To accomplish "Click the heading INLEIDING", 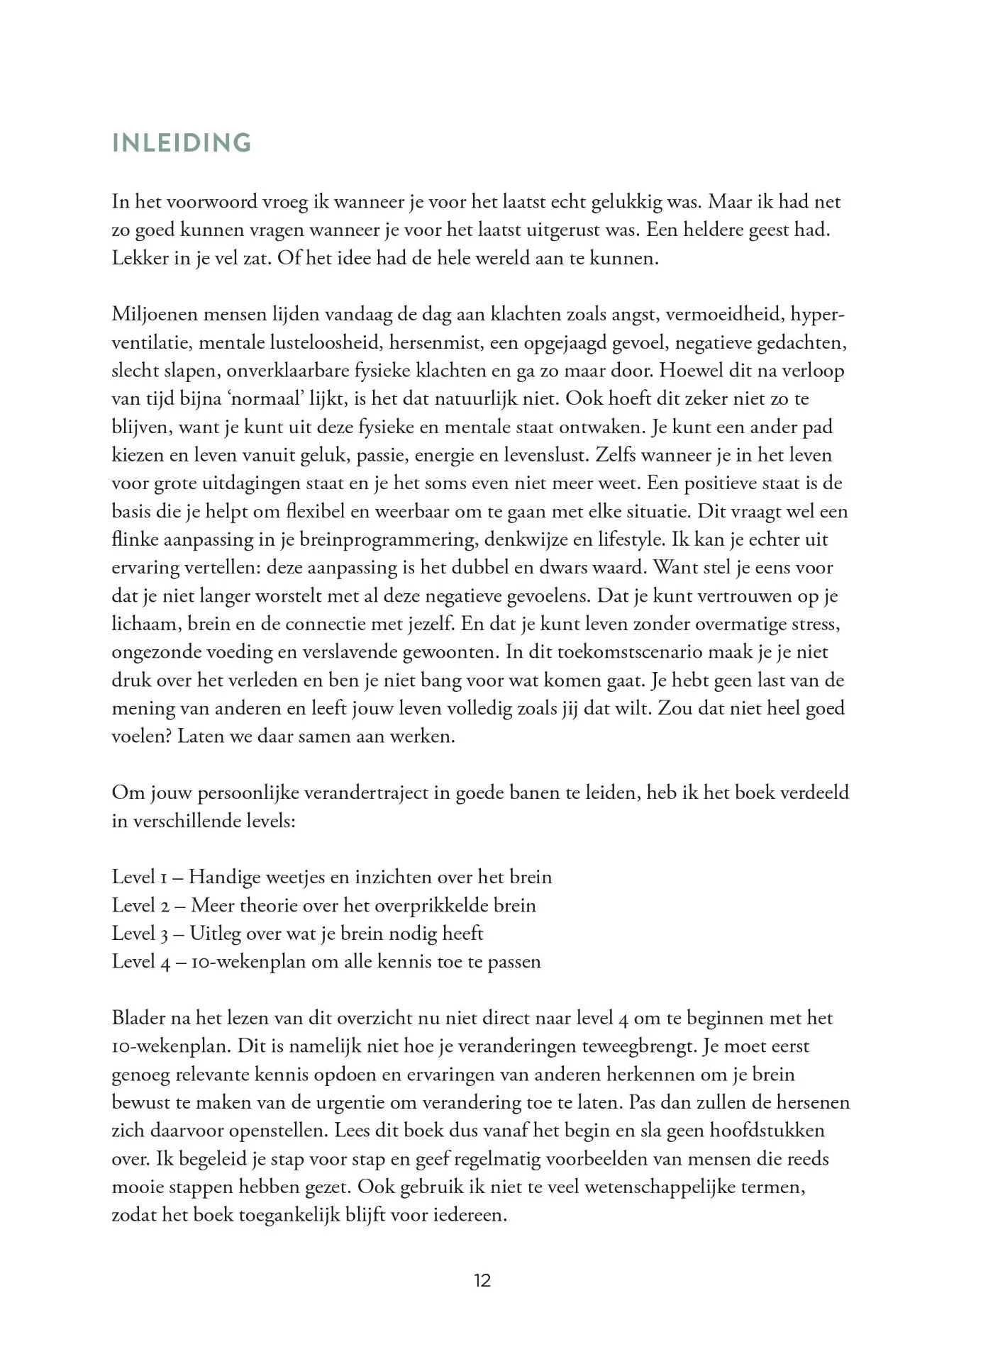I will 182,143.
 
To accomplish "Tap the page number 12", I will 482,1281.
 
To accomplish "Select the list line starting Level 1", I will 331,877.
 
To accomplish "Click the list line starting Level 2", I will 323,905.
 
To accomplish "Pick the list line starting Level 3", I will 297,934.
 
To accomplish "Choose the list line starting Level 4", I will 326,962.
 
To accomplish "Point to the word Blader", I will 135,1018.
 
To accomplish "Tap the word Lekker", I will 136,257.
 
